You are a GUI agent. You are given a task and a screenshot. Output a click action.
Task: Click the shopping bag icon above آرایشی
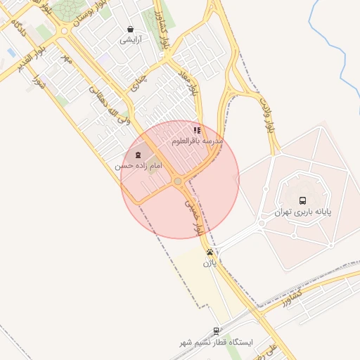(131, 29)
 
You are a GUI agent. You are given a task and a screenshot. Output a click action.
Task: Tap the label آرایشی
(131, 40)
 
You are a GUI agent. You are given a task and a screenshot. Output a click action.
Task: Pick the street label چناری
(139, 82)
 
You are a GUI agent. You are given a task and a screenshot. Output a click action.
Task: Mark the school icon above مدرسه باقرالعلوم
(198, 130)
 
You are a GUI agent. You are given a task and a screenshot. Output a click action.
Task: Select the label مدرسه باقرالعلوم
(198, 141)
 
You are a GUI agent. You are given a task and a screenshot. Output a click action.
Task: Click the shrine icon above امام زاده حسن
(138, 154)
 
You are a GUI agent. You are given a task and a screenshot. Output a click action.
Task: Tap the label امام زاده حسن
(139, 165)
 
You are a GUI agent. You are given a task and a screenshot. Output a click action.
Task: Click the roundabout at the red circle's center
(178, 181)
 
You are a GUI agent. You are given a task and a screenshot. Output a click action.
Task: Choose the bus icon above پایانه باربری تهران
(302, 200)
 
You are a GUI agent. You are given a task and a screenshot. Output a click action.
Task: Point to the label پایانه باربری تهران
(302, 211)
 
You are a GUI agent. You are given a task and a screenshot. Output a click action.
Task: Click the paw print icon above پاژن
(210, 252)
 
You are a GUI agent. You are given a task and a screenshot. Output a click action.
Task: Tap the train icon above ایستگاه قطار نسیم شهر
(216, 330)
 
